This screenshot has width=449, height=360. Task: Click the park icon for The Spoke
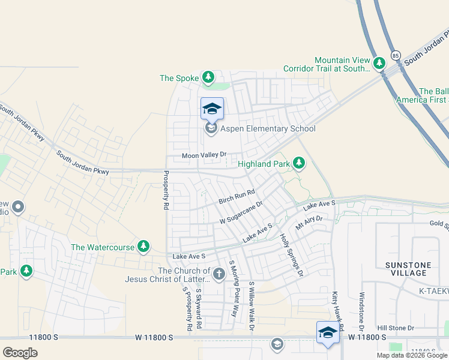click(208, 77)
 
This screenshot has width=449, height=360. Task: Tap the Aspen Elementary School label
click(268, 128)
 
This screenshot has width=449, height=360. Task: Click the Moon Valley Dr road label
click(204, 155)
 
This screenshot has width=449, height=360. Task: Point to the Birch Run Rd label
click(237, 196)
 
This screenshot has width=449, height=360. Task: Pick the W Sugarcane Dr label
click(241, 212)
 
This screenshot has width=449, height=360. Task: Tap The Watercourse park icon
click(143, 247)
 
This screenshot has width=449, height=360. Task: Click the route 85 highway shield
click(394, 55)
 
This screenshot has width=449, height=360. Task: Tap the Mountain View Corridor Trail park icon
click(379, 63)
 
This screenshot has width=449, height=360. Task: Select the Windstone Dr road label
click(361, 312)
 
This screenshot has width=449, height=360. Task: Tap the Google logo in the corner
click(20, 352)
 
